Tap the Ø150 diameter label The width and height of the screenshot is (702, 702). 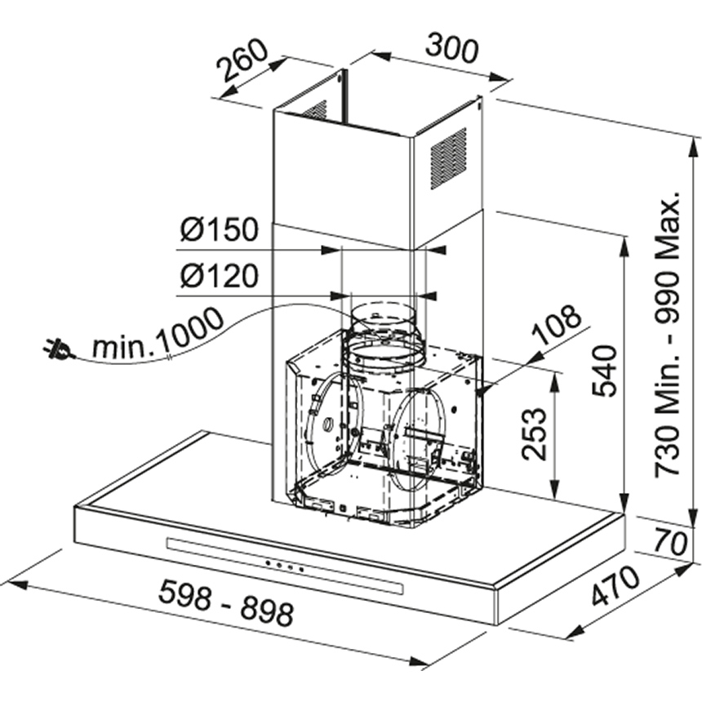(219, 231)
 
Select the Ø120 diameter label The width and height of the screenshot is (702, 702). (219, 278)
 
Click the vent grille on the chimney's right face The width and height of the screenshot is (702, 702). (448, 157)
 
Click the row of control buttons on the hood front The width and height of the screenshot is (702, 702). (283, 566)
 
